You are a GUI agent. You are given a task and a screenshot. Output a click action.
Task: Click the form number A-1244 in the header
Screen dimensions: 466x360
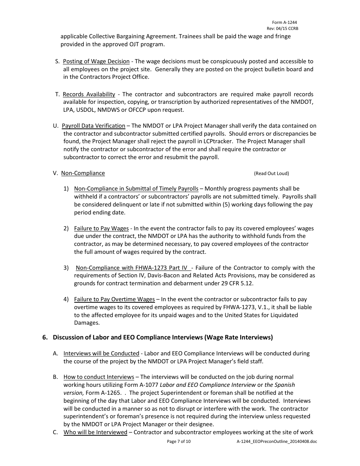284,23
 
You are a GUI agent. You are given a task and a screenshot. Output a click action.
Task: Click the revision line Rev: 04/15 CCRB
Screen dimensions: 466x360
282,29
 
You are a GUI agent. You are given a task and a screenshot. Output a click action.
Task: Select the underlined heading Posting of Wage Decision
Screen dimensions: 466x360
96,61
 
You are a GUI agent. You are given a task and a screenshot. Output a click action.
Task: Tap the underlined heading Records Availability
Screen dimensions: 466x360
89,94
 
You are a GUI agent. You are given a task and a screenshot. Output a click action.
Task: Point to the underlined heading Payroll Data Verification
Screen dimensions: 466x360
93,126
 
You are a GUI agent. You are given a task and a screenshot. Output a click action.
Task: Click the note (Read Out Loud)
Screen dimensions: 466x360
271,174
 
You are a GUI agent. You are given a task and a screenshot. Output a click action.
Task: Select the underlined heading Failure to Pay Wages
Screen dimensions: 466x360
101,228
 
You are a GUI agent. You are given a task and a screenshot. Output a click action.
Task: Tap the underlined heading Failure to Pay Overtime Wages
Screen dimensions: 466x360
114,299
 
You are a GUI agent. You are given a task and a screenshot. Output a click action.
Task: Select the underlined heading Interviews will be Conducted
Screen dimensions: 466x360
101,353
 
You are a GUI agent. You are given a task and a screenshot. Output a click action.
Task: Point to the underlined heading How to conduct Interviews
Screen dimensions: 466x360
99,377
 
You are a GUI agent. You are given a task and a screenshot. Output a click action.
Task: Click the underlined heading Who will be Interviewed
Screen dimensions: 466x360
95,432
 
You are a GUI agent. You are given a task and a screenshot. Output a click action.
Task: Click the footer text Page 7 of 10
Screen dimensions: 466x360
179,441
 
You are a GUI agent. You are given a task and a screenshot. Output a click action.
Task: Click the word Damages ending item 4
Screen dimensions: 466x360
86,323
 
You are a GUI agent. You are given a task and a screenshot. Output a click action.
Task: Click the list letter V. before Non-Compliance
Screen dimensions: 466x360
55,173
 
